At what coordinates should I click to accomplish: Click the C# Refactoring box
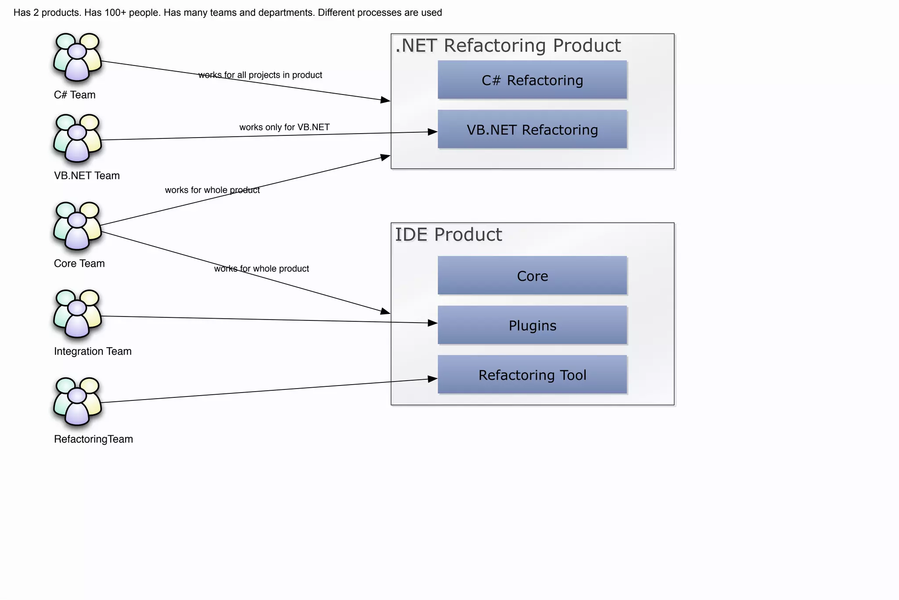click(x=532, y=80)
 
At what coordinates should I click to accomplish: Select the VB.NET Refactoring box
click(x=532, y=129)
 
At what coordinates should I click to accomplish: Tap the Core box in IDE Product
click(x=532, y=275)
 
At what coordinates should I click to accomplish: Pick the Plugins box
click(x=532, y=325)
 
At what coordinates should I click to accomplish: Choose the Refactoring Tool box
click(x=532, y=375)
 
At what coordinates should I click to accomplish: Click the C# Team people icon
click(x=78, y=57)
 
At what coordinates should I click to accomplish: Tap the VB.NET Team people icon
click(x=78, y=138)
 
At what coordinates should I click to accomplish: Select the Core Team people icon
click(x=78, y=226)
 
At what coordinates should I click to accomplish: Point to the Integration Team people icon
click(x=78, y=314)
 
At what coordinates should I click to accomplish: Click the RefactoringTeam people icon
click(x=78, y=401)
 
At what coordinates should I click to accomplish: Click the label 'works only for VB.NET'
click(x=284, y=127)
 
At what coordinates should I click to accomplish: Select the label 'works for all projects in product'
click(x=260, y=75)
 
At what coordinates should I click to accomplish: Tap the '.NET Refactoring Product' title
click(x=508, y=46)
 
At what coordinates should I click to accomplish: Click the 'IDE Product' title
click(x=448, y=235)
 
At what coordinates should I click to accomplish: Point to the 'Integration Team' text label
click(x=93, y=351)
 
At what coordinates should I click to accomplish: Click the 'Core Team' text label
click(x=79, y=263)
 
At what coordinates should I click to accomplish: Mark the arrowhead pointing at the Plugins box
click(x=433, y=323)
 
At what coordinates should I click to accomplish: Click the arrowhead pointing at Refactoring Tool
click(x=433, y=379)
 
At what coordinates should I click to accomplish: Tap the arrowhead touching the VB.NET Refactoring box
click(x=433, y=132)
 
